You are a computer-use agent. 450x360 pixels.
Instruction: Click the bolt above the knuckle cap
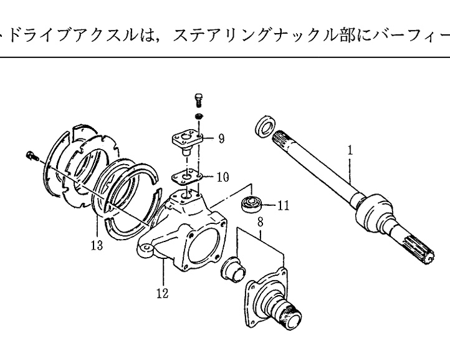tap(198, 100)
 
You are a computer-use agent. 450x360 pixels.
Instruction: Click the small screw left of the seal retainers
tap(32, 155)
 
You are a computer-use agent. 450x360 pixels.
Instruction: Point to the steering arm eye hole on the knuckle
tap(144, 250)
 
